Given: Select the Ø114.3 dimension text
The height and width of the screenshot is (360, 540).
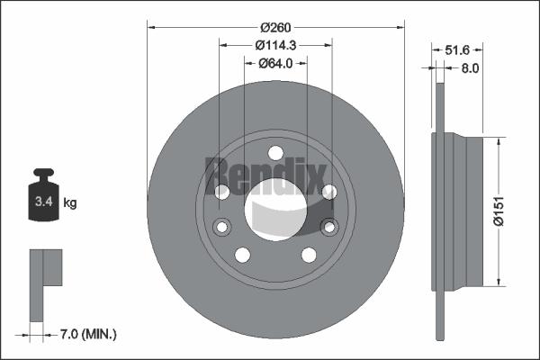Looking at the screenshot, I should point(275,45).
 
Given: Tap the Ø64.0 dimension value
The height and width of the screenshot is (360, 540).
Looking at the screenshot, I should point(275,63).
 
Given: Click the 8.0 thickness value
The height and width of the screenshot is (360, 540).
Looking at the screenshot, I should point(469,67).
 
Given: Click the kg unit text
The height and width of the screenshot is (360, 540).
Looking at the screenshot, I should point(70,203).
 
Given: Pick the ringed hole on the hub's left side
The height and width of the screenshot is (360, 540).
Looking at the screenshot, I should point(221,226).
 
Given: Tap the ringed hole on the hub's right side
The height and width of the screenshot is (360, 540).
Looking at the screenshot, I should point(329,226).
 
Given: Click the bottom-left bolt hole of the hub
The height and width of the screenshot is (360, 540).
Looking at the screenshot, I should point(242,255).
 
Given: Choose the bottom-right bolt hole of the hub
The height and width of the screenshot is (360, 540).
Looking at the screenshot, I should point(309,255).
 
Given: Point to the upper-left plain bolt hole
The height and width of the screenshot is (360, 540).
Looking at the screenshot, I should point(222,191).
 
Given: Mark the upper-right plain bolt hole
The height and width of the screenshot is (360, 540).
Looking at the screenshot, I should point(328,191).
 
